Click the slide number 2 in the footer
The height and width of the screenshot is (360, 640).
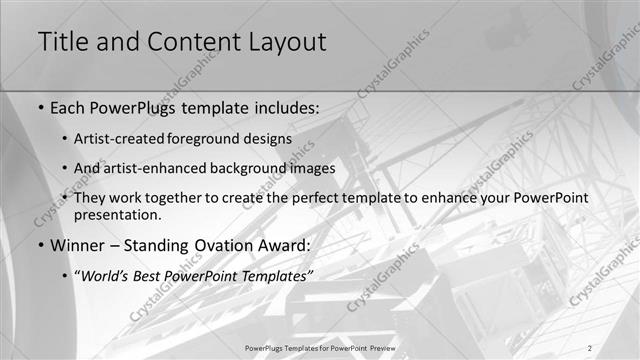coord(590,347)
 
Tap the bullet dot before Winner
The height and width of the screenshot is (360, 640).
coord(40,246)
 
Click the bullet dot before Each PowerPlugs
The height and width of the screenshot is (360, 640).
coord(40,107)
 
